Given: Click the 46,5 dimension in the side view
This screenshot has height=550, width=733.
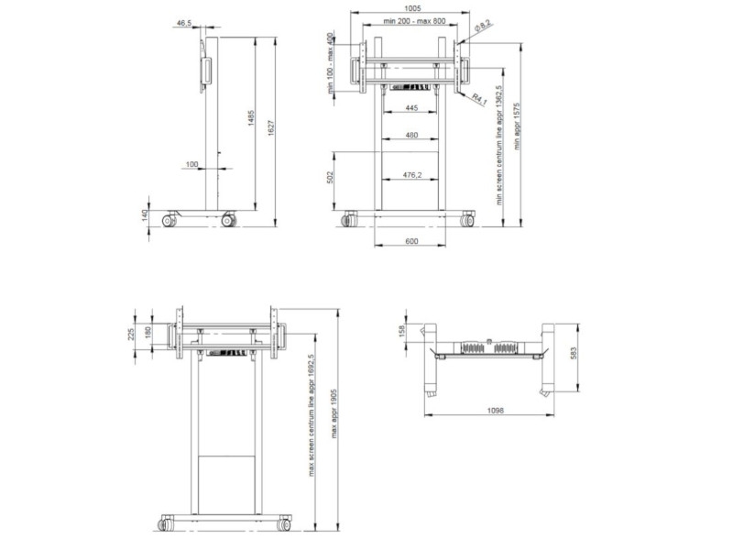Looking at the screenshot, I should pos(183,21).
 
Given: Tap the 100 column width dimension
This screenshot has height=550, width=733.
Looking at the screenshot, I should pos(191,164).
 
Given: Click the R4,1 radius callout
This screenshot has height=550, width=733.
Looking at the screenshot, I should pos(478,98).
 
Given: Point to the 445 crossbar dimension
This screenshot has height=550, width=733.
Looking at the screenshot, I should pos(410,109).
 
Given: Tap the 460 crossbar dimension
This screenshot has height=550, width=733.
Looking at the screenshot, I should pos(410,136).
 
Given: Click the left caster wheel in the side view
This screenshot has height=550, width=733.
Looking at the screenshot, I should pos(170,220).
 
